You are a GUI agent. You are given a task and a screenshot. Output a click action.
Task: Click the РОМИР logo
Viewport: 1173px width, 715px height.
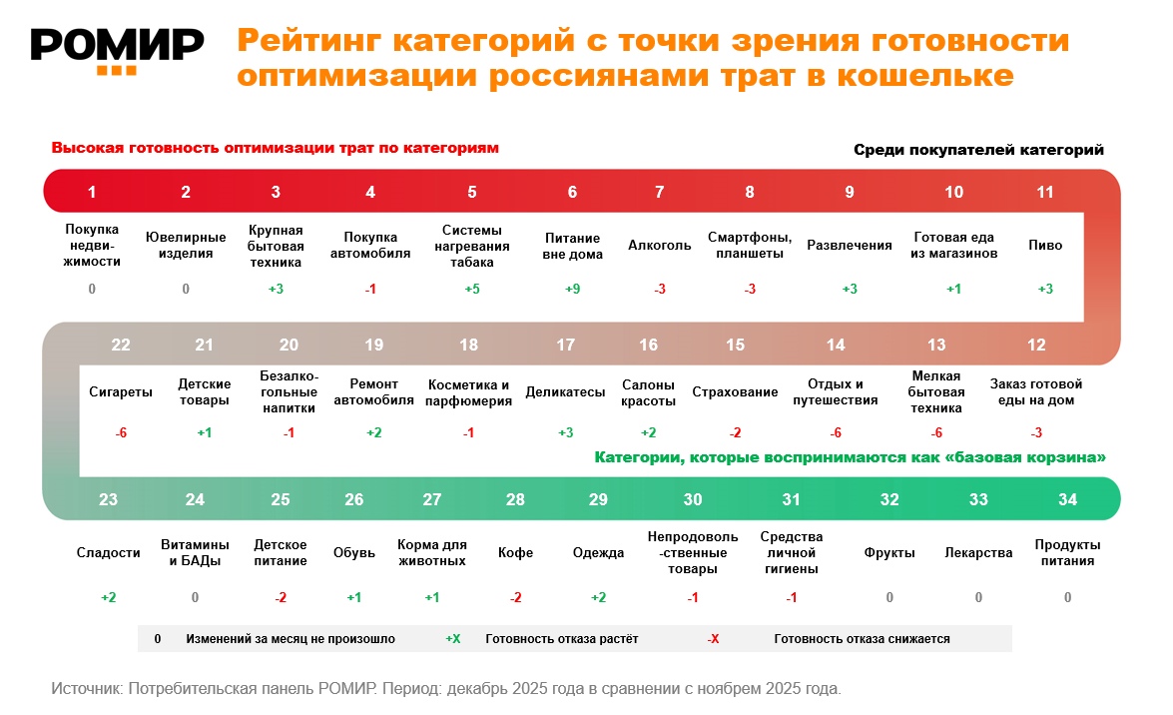pos(117,48)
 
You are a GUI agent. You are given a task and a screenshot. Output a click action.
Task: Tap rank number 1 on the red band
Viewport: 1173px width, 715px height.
pos(92,193)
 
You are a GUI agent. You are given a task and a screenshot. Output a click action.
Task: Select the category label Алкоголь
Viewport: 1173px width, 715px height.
pos(659,246)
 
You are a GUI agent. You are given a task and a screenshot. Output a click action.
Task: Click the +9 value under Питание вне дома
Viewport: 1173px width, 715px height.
pos(572,289)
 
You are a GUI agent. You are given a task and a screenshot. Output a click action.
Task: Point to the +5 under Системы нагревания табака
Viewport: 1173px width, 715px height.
pos(472,289)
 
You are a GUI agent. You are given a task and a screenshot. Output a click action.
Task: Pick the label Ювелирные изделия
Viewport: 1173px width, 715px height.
pos(186,246)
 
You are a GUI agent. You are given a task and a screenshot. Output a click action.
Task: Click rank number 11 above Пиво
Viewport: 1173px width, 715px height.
pos(1044,193)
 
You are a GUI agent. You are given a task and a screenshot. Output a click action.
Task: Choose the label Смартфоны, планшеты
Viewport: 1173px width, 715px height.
pos(750,246)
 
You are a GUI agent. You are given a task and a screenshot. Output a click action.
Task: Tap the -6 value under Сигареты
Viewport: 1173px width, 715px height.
pos(121,432)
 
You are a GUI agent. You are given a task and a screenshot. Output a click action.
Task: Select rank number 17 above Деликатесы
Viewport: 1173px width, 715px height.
pos(565,346)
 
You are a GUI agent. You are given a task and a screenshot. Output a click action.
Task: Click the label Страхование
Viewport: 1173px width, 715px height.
pos(735,392)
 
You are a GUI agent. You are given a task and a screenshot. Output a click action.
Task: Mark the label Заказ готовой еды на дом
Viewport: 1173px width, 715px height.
pos(1036,392)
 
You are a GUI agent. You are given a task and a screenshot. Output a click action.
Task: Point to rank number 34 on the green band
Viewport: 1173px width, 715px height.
pos(1067,499)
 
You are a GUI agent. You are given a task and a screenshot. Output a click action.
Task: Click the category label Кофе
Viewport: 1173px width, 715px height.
pos(515,552)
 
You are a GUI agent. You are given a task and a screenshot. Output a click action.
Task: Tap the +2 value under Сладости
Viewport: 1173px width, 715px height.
pos(109,597)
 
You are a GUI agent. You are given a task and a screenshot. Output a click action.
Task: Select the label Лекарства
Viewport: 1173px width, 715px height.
pos(978,552)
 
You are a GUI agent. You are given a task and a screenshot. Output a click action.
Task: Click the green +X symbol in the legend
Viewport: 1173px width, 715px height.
pos(452,639)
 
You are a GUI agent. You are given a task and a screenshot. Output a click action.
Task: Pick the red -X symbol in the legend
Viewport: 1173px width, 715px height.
pos(713,639)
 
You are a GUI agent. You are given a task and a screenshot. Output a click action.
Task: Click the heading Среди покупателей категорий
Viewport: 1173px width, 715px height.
pos(978,150)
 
